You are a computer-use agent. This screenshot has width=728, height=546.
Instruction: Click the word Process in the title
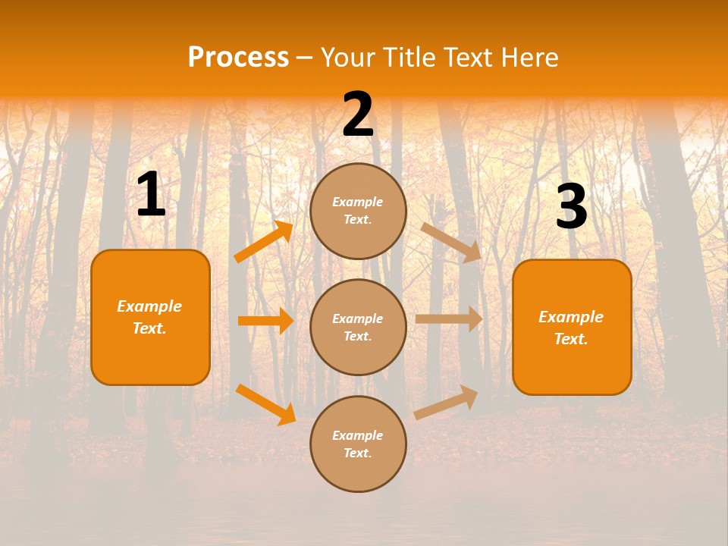(x=239, y=57)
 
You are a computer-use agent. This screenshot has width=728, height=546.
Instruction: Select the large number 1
(x=151, y=193)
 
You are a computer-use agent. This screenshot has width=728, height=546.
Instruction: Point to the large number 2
(x=358, y=114)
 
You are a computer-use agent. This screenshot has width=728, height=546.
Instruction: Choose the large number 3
(x=572, y=206)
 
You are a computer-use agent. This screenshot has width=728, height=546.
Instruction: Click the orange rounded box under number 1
(x=150, y=318)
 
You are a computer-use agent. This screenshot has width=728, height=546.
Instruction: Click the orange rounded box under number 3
(x=572, y=328)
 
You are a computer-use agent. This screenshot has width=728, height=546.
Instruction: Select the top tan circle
(x=358, y=211)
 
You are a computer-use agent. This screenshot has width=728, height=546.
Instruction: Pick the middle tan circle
(x=358, y=328)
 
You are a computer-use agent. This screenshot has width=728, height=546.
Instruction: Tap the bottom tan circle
(x=358, y=444)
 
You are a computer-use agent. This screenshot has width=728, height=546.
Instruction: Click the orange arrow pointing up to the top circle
(x=264, y=240)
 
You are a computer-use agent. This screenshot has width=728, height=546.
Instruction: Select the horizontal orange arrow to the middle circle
(x=266, y=321)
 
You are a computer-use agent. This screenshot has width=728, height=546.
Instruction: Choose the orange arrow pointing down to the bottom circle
(x=266, y=404)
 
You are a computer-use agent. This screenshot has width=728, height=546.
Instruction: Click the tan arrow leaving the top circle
(x=450, y=243)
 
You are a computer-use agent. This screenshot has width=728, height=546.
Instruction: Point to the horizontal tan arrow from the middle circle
(x=449, y=319)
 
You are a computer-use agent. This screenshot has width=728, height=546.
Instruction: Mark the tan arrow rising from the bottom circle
(x=446, y=403)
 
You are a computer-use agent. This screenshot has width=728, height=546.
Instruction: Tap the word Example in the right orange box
(x=571, y=317)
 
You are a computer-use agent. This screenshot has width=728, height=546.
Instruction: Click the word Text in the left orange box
(x=149, y=328)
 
